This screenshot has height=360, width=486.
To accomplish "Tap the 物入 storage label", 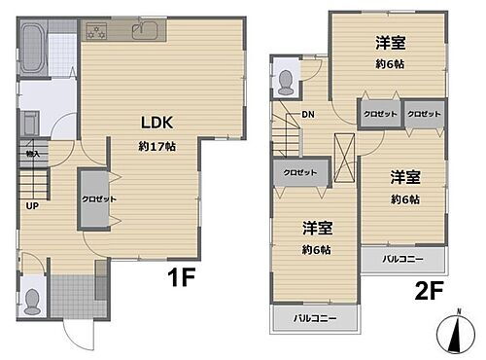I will (x=32, y=153).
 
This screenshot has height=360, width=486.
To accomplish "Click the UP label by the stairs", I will (x=32, y=206).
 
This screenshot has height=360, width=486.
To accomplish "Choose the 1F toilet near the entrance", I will (x=32, y=299).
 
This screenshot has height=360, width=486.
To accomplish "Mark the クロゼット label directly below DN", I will (x=299, y=172).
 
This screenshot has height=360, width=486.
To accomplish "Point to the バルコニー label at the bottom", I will (x=313, y=319).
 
